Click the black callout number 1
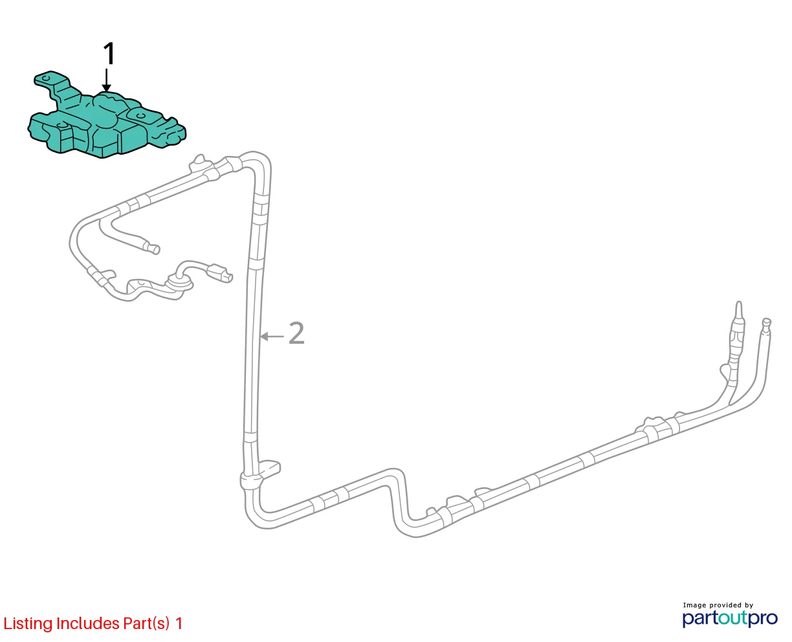(109, 54)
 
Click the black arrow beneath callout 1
(107, 80)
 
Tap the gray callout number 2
(296, 333)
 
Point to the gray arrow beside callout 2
(272, 337)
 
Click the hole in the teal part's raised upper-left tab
(46, 78)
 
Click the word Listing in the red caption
(28, 623)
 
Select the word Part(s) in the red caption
(146, 623)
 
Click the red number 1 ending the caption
(179, 623)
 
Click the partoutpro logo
(730, 619)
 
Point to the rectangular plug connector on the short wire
(221, 273)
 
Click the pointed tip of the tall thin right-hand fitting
(739, 302)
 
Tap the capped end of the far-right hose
(767, 322)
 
